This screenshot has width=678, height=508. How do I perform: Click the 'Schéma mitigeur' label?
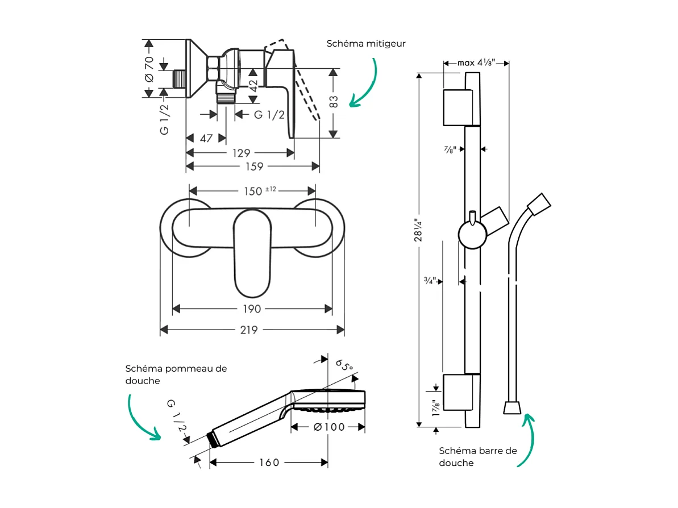(x=366, y=44)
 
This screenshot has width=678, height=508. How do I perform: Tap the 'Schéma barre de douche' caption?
(x=478, y=456)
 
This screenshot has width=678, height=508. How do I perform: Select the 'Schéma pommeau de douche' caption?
(x=176, y=374)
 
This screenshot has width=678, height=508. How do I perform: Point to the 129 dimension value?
(x=241, y=153)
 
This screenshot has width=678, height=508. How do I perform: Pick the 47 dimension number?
(x=206, y=138)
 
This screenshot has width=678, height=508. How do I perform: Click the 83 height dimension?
(x=334, y=102)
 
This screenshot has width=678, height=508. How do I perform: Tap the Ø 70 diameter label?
(x=149, y=69)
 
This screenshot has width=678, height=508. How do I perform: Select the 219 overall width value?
(x=249, y=330)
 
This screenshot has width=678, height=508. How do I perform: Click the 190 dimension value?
(x=252, y=309)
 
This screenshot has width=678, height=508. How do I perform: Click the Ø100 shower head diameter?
(x=328, y=427)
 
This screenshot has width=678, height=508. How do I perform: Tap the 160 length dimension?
(x=269, y=463)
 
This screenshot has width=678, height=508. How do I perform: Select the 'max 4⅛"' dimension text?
(x=476, y=63)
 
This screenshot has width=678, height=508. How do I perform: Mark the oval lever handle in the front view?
(x=252, y=253)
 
